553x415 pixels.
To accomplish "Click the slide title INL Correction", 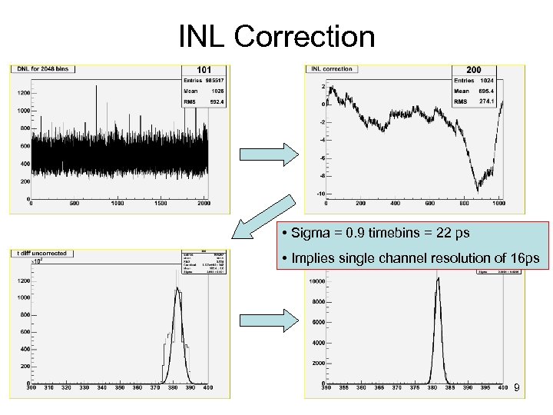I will [276, 36].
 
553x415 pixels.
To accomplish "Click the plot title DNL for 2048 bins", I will [42, 69].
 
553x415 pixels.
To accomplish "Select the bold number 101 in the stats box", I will [204, 70].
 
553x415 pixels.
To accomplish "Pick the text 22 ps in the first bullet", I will [453, 233].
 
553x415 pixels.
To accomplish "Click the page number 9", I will [518, 390].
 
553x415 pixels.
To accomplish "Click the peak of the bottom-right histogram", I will [438, 278].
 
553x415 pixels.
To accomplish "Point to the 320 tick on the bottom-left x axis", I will [68, 389].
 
